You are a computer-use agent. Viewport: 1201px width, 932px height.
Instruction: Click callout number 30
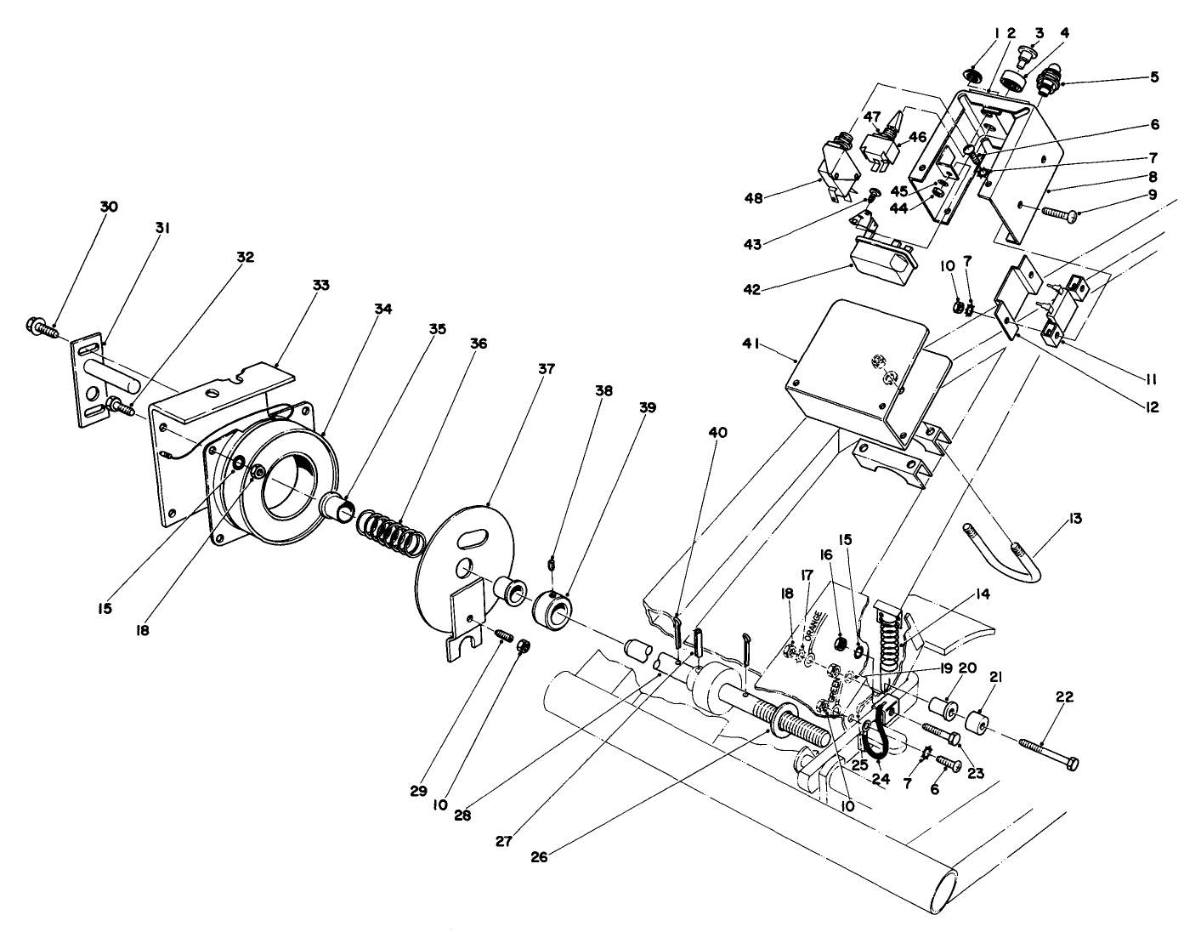[109, 207]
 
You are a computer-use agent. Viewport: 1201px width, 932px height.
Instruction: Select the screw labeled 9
[1059, 214]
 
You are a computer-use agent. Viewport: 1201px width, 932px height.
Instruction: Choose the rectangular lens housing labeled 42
[884, 264]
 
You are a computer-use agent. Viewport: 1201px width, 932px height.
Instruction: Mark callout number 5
[1153, 77]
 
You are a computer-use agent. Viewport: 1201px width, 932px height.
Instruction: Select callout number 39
[648, 407]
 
